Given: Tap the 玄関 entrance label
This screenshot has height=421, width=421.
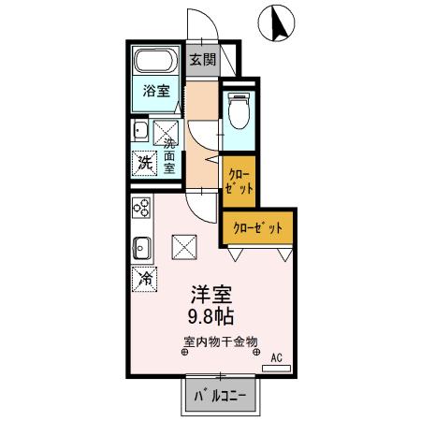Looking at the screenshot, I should pyautogui.click(x=201, y=59).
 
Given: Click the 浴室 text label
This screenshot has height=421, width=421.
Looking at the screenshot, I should pyautogui.click(x=156, y=91).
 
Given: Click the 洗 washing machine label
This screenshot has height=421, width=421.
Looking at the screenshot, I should pyautogui.click(x=145, y=160).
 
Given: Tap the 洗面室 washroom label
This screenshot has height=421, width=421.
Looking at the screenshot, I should pyautogui.click(x=171, y=156).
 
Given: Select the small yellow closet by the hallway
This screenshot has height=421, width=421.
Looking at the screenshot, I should pyautogui.click(x=240, y=181).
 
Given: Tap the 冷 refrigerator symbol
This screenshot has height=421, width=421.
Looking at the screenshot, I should pyautogui.click(x=146, y=278).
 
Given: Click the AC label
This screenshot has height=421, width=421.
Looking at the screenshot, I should pyautogui.click(x=277, y=357).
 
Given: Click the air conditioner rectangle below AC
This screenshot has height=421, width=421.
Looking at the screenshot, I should pyautogui.click(x=277, y=369).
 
